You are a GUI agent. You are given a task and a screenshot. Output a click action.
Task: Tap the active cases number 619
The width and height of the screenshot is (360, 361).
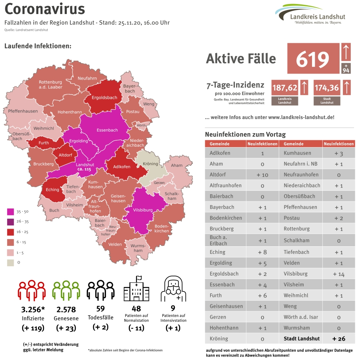[312, 59]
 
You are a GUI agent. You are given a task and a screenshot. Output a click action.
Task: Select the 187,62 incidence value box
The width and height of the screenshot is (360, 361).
[284, 88]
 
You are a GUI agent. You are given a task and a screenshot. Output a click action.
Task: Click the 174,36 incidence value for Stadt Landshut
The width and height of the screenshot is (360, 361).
[326, 88]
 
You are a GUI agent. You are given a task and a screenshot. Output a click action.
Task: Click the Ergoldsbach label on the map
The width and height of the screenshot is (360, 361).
[104, 97]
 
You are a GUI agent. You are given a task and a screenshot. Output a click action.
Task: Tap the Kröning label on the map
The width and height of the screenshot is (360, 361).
[150, 164]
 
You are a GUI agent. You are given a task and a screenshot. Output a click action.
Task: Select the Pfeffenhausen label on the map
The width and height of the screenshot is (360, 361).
[23, 111]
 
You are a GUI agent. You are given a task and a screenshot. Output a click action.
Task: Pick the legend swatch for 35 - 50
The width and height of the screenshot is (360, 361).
[11, 211]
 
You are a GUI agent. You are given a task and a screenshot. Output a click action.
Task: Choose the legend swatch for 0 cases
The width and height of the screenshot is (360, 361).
[11, 262]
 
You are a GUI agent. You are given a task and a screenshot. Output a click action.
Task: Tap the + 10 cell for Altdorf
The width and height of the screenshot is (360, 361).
[262, 175]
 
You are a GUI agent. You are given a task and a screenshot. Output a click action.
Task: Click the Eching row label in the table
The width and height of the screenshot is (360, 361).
[218, 252]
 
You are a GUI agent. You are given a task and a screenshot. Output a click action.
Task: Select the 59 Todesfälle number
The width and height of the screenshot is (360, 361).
[100, 309]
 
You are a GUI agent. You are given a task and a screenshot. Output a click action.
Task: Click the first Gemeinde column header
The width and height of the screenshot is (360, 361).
[220, 144]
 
